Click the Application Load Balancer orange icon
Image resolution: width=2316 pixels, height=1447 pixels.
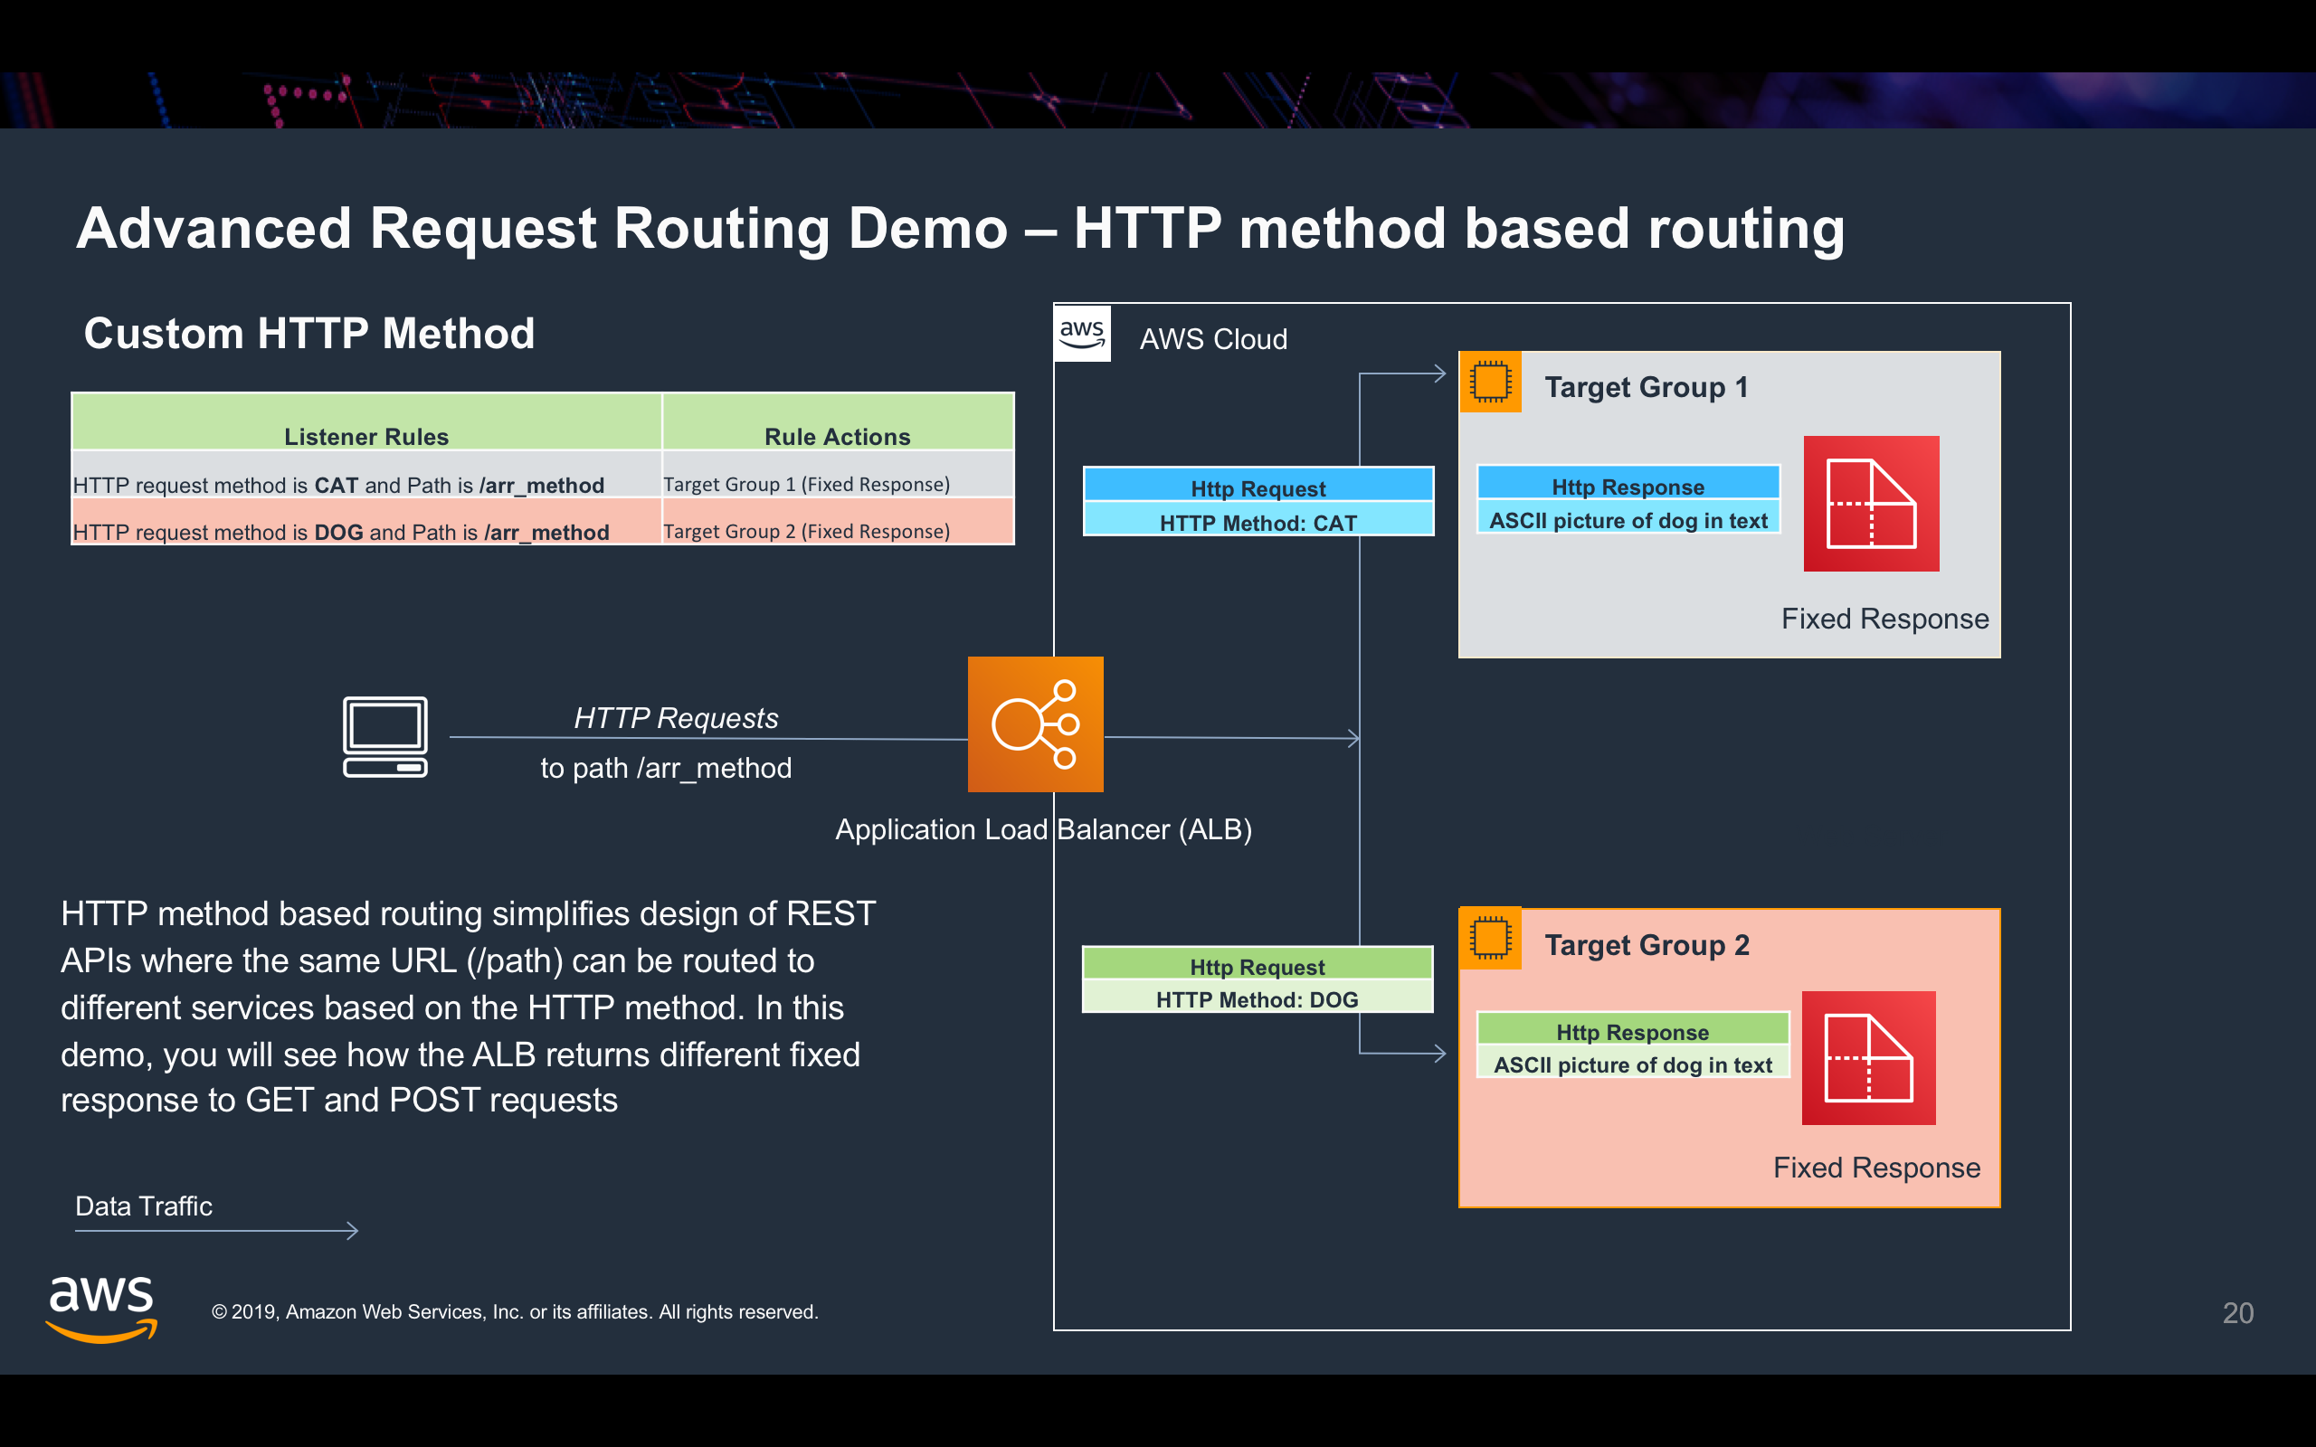(x=1035, y=724)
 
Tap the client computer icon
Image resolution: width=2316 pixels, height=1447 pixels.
(x=384, y=737)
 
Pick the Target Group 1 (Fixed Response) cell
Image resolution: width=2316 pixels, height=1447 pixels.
(x=807, y=484)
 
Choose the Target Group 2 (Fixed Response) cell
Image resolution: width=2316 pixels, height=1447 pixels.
(x=807, y=531)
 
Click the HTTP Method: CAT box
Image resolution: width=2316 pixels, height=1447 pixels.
(x=1258, y=523)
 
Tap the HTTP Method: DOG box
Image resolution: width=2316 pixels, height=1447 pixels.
(x=1257, y=999)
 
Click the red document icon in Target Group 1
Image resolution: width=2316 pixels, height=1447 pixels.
(x=1871, y=504)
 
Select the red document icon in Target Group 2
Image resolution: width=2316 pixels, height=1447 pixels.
(x=1868, y=1057)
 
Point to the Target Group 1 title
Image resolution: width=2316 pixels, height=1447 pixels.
(x=1647, y=387)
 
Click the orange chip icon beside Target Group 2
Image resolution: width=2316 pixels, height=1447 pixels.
(x=1490, y=938)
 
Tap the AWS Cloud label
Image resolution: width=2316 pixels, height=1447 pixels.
(x=1212, y=339)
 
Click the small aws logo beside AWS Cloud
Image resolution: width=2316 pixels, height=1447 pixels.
(x=1082, y=334)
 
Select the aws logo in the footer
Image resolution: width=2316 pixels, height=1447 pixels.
(x=101, y=1309)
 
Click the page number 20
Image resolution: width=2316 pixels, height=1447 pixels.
(x=2237, y=1313)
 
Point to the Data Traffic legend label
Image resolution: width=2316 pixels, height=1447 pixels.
(x=144, y=1206)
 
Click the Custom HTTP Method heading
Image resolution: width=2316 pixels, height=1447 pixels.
(x=309, y=333)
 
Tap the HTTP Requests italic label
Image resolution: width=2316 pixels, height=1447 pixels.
(x=676, y=718)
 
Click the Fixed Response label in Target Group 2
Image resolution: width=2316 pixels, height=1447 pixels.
(x=1875, y=1168)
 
